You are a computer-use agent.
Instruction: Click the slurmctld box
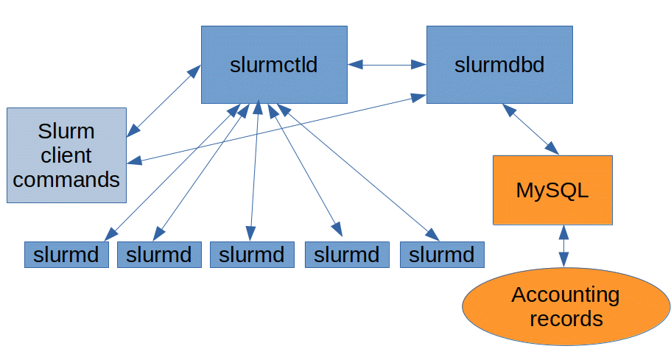click(x=274, y=65)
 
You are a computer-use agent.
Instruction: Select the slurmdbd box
click(x=499, y=65)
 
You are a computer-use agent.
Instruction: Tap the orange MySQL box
click(x=552, y=190)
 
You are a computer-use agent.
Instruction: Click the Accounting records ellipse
click(x=565, y=307)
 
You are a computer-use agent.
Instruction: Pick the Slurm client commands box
click(x=66, y=155)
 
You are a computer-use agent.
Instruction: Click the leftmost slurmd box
click(x=66, y=255)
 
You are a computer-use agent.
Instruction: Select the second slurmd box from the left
click(x=159, y=255)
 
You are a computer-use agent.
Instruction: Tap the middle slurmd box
click(x=252, y=255)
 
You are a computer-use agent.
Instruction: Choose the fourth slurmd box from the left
click(x=347, y=255)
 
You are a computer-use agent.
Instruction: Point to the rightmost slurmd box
click(x=442, y=255)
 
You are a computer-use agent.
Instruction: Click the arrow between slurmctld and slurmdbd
click(x=387, y=65)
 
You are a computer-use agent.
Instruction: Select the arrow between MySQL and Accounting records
click(x=563, y=246)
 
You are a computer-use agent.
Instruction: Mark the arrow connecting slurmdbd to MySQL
click(x=530, y=130)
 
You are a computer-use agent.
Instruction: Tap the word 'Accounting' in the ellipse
click(x=565, y=295)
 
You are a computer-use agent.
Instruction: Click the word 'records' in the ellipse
click(x=565, y=319)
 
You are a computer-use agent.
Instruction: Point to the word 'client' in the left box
click(x=66, y=155)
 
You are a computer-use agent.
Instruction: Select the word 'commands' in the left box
click(x=66, y=179)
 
